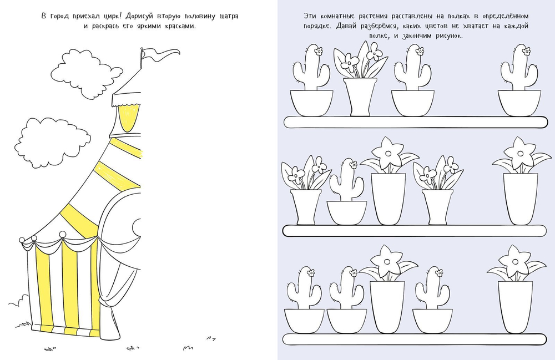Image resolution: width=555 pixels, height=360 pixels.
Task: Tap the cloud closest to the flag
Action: coord(85,74)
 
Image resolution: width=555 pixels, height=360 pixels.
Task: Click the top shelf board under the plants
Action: coord(416,122)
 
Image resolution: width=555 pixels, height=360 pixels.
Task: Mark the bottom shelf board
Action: coord(415,339)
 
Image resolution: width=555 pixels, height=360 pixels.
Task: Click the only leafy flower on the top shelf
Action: coord(360,79)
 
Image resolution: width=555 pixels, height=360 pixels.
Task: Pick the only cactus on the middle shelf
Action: coord(347,192)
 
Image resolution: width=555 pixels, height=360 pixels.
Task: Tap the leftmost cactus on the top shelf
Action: coord(311,82)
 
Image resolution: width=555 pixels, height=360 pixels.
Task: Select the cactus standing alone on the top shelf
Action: coord(519,82)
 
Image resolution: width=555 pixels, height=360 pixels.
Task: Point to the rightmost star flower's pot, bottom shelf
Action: coord(515,307)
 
